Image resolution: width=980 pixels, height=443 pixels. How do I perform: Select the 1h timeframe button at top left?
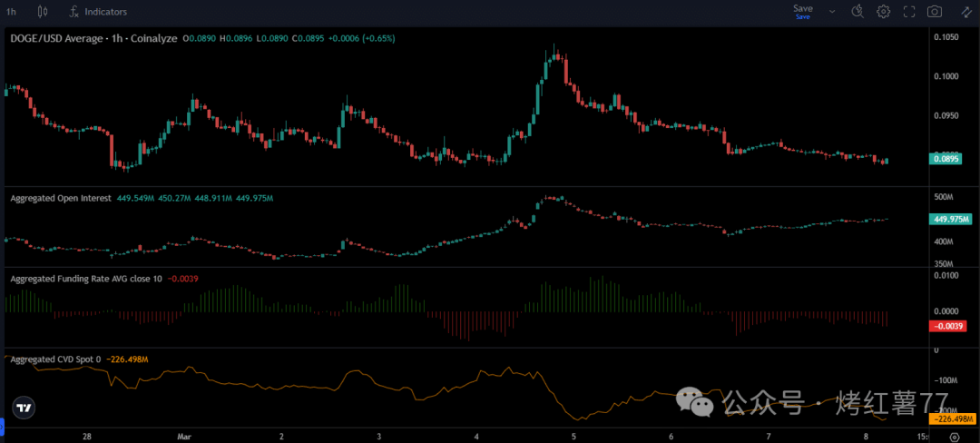click(x=11, y=12)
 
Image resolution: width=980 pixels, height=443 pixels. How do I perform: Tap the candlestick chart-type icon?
click(x=44, y=12)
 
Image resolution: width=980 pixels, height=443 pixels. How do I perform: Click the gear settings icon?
click(x=883, y=12)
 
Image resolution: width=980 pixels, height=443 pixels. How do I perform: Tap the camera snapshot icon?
click(x=935, y=12)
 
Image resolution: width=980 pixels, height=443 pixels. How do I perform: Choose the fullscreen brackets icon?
click(x=909, y=12)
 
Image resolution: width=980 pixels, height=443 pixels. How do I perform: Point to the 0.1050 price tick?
click(x=946, y=37)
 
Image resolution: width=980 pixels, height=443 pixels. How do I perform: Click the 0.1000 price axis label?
click(x=946, y=76)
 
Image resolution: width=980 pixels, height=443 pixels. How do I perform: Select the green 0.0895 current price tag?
click(x=950, y=159)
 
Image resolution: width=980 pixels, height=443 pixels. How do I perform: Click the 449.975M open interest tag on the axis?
click(x=952, y=219)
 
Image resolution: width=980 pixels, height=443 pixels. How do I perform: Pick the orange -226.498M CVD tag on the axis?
click(x=952, y=419)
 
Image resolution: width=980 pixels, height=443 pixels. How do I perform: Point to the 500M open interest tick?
click(x=943, y=197)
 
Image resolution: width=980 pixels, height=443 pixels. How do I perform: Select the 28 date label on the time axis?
click(x=87, y=437)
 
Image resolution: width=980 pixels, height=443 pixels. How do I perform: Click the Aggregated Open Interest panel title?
click(x=60, y=198)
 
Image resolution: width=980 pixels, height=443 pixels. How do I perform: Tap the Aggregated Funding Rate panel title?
click(x=85, y=279)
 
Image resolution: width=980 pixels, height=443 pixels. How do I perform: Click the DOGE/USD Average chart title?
click(x=65, y=39)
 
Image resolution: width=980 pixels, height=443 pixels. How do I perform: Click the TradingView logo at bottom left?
click(x=24, y=407)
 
